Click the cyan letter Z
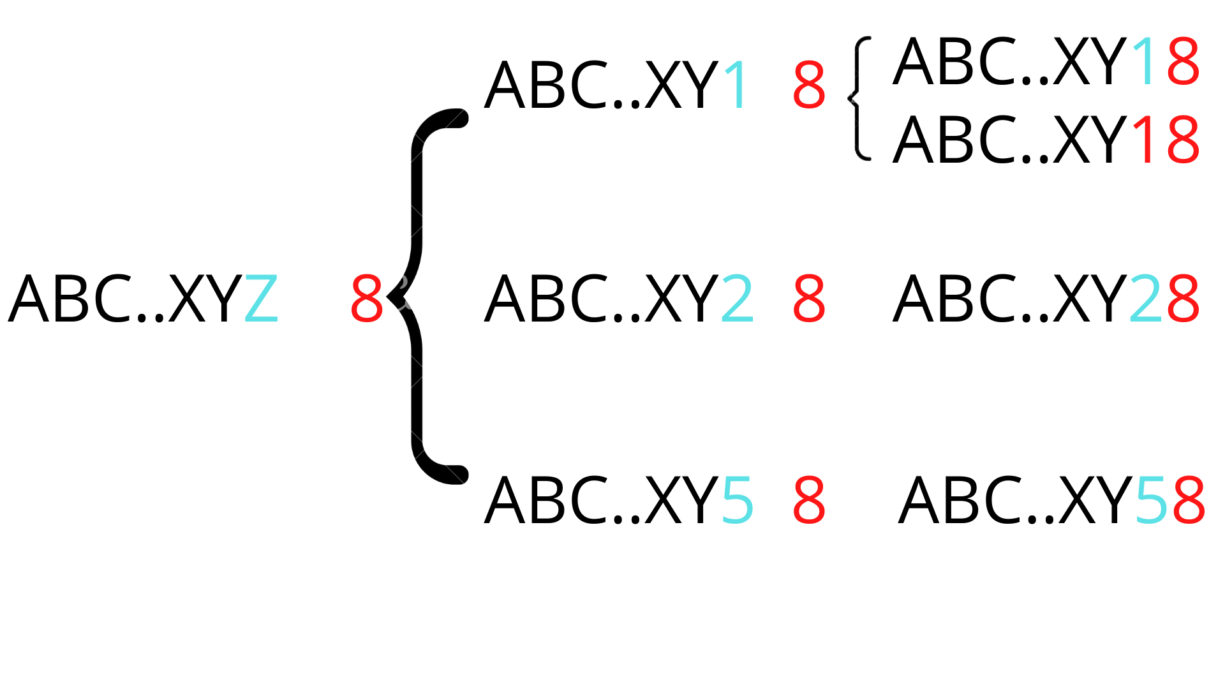tap(262, 299)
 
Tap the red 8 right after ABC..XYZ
tap(367, 299)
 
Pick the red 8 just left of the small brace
tap(809, 85)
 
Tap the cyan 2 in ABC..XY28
tap(1146, 299)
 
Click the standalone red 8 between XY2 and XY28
tap(809, 299)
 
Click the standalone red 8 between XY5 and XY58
tap(809, 500)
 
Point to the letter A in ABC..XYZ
tap(29, 299)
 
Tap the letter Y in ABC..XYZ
tap(224, 299)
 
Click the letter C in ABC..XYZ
tap(110, 299)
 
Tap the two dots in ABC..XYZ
tap(149, 316)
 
